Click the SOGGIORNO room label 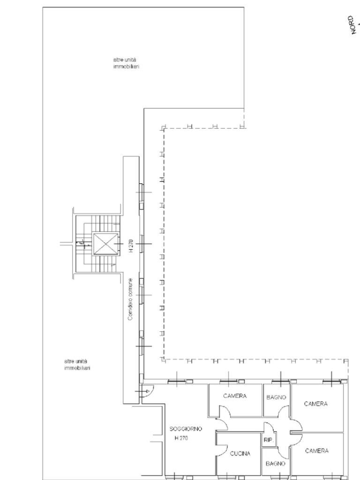click(186, 429)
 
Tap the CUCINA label click(240, 453)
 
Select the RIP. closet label click(268, 440)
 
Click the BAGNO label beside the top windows click(276, 397)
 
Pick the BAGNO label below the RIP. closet click(276, 463)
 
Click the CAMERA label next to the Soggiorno click(234, 396)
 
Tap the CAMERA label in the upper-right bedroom click(315, 404)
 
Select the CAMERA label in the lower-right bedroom click(316, 451)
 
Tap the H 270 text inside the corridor click(131, 246)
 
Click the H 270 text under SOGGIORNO click(181, 438)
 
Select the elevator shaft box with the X click(103, 244)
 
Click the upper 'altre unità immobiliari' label click(126, 63)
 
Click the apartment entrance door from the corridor click(146, 390)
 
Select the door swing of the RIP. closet click(268, 428)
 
